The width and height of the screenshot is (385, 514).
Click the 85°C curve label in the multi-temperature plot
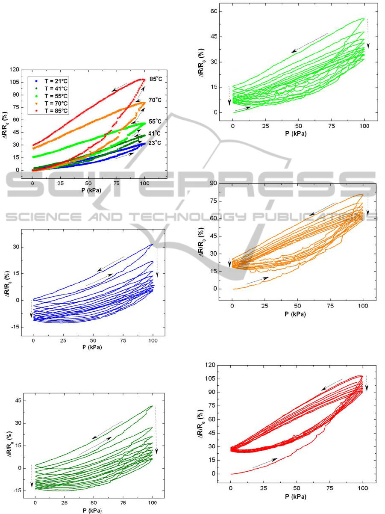[156, 79]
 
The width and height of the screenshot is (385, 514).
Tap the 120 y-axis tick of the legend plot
[16, 69]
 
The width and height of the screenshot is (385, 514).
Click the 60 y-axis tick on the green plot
[219, 12]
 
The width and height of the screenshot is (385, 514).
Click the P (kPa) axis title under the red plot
[297, 497]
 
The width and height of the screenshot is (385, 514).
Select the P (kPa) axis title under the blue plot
[93, 347]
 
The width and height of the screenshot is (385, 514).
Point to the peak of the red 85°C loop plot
[361, 376]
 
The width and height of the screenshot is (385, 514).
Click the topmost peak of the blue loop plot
[153, 244]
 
